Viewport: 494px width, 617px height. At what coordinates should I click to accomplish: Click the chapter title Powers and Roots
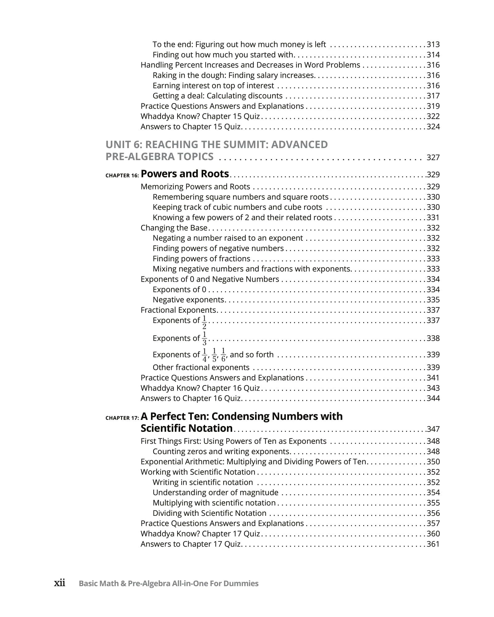click(185, 174)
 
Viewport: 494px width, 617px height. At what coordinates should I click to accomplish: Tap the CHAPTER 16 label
click(122, 176)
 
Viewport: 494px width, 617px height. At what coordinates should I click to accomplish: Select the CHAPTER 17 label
click(122, 418)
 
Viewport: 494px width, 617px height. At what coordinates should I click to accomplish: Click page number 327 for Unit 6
click(433, 157)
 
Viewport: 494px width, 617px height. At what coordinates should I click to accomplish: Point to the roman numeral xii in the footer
click(60, 583)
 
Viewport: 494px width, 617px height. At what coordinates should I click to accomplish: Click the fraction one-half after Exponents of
click(204, 322)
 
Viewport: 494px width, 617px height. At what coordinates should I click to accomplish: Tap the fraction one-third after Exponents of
click(204, 338)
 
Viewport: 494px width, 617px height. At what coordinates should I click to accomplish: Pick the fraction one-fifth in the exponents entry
click(214, 355)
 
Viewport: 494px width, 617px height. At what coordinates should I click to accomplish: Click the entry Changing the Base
click(174, 228)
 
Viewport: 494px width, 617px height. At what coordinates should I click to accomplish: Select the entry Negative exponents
click(188, 300)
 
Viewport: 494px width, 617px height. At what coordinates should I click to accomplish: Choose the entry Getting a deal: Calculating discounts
click(217, 96)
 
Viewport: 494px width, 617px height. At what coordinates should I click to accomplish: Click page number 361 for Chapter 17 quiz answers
click(433, 544)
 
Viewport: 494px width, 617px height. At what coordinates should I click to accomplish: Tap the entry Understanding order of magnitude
click(215, 492)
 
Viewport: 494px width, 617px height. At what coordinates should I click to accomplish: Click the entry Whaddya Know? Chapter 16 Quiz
click(200, 388)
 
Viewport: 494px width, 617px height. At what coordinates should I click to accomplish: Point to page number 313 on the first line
click(433, 44)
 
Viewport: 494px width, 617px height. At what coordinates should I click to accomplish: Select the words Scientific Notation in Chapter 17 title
click(186, 428)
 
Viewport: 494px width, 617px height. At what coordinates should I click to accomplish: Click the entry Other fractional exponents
click(201, 367)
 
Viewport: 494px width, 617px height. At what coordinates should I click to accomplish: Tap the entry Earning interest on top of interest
click(213, 85)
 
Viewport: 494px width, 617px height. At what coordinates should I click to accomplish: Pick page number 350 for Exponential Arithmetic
click(433, 462)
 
